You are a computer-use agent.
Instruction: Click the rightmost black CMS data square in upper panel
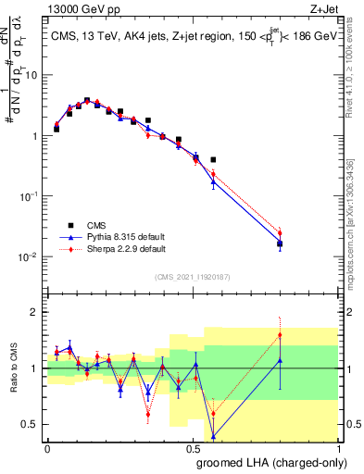point(280,244)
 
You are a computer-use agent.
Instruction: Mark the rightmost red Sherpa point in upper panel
point(280,233)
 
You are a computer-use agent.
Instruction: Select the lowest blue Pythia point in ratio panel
point(214,436)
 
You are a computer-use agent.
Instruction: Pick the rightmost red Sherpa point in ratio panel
point(280,335)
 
